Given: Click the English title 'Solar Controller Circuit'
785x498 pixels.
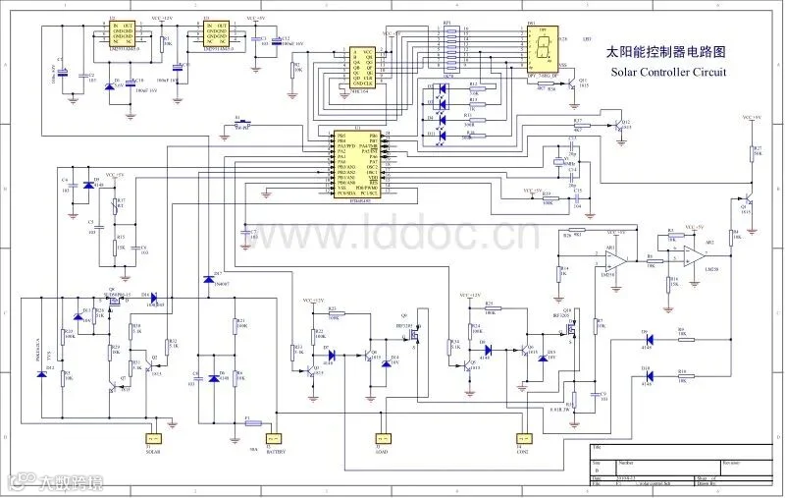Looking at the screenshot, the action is coord(668,73).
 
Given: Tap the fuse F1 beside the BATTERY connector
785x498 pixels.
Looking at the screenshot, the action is coord(253,423).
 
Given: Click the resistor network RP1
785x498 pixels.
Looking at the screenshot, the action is coord(447,43).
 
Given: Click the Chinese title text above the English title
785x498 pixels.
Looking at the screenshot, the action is coord(667,50).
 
